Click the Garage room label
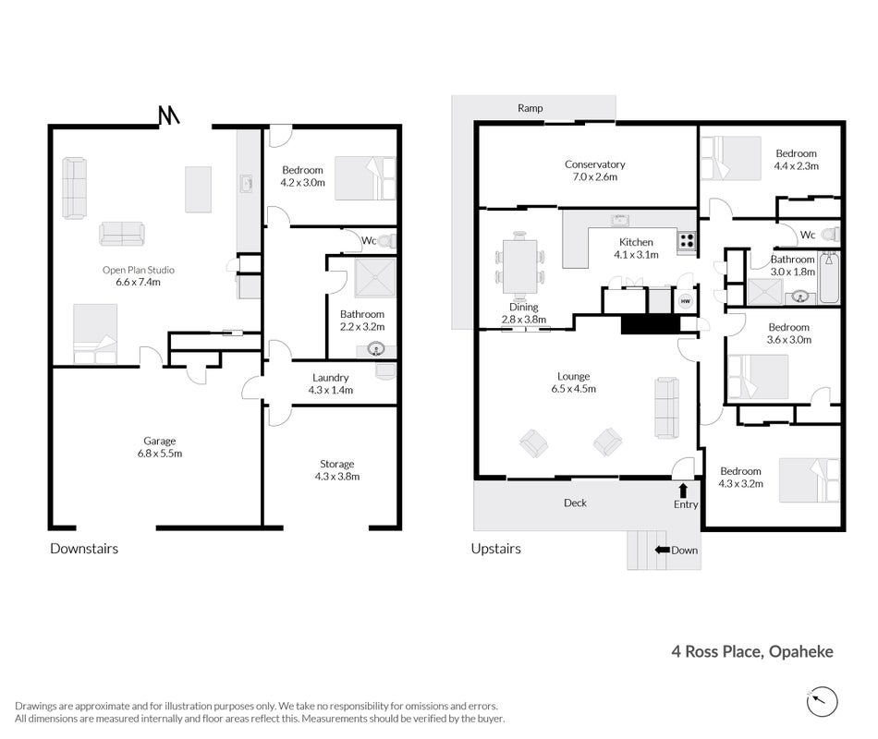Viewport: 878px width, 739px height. (160, 447)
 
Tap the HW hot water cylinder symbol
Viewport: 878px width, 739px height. (686, 301)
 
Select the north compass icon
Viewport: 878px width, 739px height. (822, 701)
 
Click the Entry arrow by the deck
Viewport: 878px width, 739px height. (683, 491)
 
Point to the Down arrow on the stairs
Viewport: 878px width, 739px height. (663, 550)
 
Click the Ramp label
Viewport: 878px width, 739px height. (530, 108)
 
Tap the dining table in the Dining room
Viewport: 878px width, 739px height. (520, 267)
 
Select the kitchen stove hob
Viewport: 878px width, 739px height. (687, 241)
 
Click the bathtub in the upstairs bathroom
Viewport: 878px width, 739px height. (829, 278)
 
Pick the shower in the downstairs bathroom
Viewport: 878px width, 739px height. (375, 278)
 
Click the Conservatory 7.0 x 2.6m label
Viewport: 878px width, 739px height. (594, 170)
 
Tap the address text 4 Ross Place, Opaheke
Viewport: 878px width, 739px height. (752, 651)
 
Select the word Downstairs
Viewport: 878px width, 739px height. (84, 548)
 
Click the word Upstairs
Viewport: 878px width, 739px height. (495, 548)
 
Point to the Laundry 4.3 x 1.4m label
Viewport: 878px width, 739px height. (330, 384)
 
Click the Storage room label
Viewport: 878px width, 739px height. (337, 470)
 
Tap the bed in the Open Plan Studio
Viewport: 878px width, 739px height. (95, 333)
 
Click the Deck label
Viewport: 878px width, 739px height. (575, 503)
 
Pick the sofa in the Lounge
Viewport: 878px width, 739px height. (667, 407)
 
